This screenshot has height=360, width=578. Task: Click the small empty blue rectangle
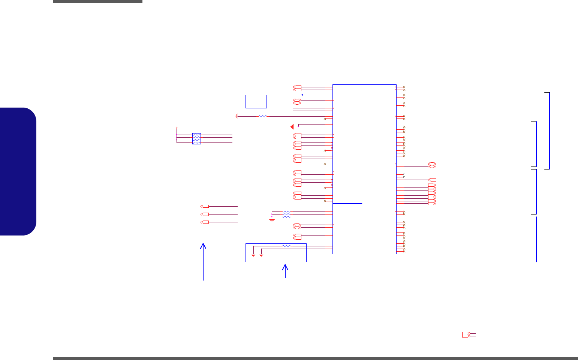[x=256, y=101]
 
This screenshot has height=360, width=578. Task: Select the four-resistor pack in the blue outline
[x=196, y=139]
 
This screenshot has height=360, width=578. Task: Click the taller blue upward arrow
[x=204, y=261]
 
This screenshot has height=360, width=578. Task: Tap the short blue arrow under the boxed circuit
[x=285, y=271]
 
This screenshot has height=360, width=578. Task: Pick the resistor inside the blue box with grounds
[x=286, y=246]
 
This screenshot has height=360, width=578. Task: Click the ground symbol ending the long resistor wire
[x=237, y=116]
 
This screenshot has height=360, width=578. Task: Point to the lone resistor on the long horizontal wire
[x=263, y=116]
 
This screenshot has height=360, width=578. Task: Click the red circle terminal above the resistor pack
[x=177, y=127]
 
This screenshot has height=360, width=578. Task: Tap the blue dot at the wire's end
[x=302, y=95]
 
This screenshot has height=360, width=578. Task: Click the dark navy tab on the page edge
[x=18, y=171]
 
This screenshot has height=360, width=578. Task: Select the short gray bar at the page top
[x=97, y=1]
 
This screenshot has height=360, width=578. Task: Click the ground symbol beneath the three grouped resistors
[x=272, y=220]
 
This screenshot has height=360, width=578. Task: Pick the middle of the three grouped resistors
[x=286, y=214]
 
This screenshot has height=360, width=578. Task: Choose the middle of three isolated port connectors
[x=205, y=214]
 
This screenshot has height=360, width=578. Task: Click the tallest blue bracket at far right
[x=549, y=130]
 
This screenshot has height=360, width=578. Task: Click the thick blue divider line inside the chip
[x=347, y=204]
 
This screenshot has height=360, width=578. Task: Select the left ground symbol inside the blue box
[x=253, y=255]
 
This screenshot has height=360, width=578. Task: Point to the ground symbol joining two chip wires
[x=292, y=126]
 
